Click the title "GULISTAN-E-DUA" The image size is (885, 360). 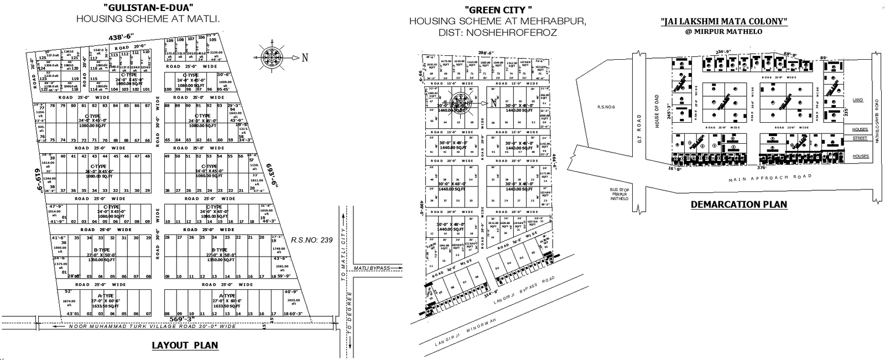(148, 8)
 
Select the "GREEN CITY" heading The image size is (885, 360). (498, 9)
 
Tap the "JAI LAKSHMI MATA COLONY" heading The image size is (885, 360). (724, 22)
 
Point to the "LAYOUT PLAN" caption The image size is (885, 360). (185, 346)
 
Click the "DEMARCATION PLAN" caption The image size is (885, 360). (738, 204)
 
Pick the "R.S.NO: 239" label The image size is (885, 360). (311, 240)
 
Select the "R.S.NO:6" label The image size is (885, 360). (606, 107)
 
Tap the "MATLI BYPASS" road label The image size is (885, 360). (372, 268)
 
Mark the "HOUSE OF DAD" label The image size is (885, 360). (657, 111)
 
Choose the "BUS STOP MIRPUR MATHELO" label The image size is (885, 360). (619, 194)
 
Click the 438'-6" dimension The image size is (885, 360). (122, 36)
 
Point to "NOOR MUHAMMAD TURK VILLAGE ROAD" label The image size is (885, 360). (152, 326)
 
